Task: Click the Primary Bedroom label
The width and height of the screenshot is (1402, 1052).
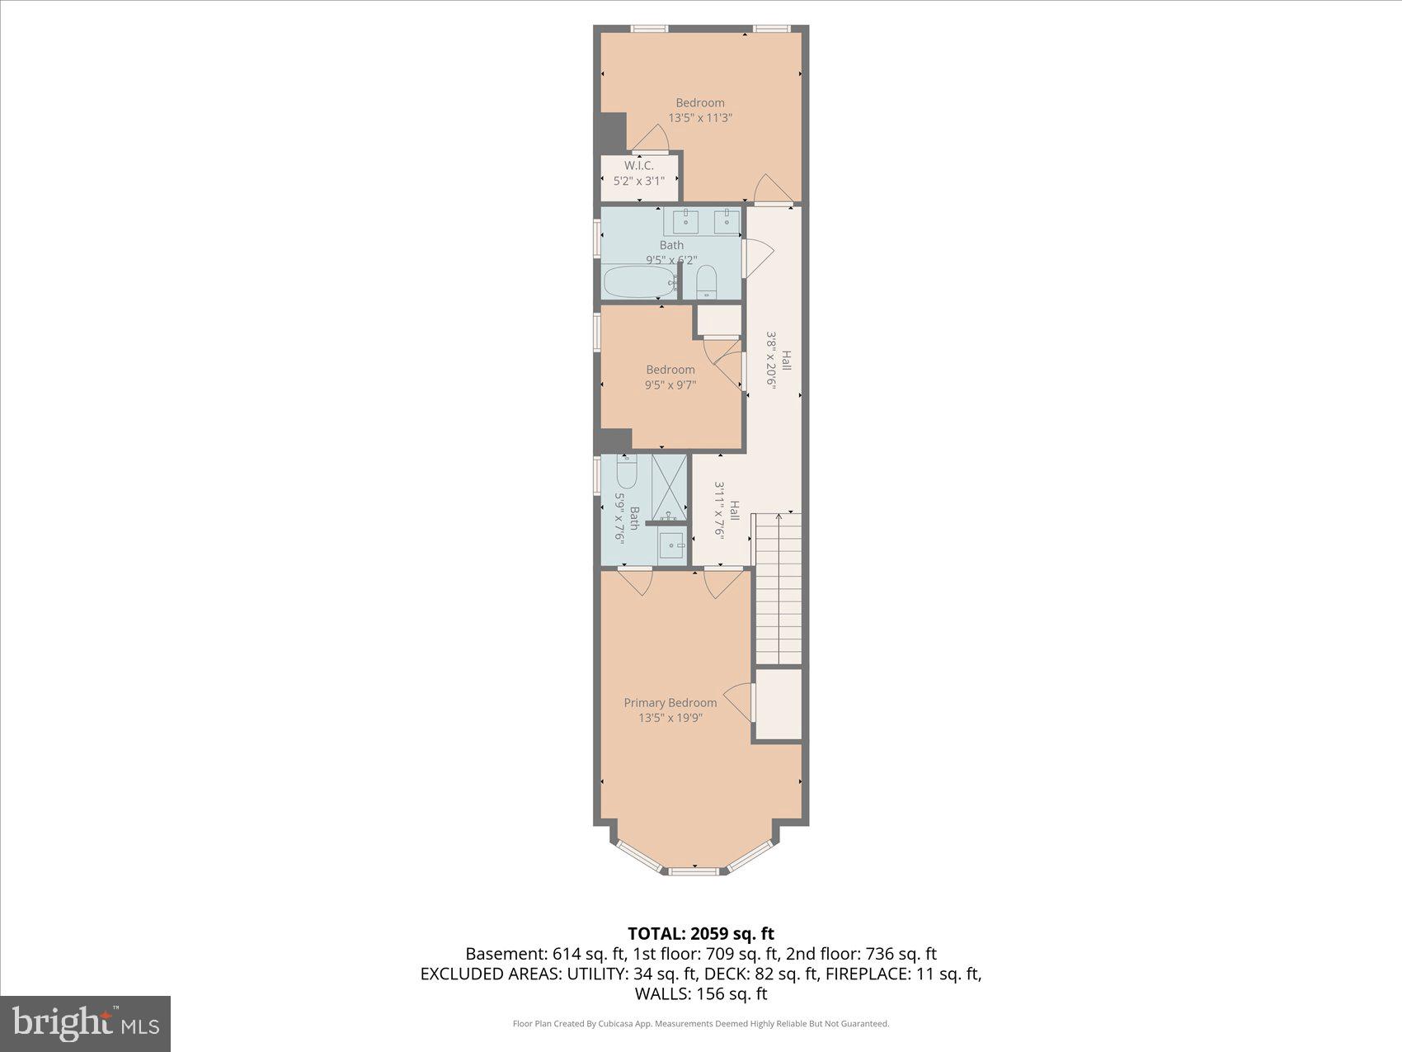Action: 670,702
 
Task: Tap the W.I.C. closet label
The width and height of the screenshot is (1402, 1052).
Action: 638,166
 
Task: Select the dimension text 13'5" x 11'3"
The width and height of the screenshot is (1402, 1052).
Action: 700,118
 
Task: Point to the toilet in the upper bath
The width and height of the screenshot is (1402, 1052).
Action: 707,282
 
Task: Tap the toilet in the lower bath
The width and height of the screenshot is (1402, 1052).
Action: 627,473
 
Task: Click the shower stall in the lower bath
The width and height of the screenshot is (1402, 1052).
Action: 670,486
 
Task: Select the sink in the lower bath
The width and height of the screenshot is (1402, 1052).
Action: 671,545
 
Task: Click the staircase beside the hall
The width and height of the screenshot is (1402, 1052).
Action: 779,587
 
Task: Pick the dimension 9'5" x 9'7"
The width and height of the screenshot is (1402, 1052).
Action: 670,384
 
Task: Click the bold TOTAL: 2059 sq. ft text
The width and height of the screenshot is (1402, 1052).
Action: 700,933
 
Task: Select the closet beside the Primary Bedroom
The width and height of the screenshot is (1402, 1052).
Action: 779,704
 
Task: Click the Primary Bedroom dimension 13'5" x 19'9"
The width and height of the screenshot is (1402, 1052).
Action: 670,718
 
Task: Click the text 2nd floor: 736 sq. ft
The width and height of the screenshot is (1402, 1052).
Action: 861,954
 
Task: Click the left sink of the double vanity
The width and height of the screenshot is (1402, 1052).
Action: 685,221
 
